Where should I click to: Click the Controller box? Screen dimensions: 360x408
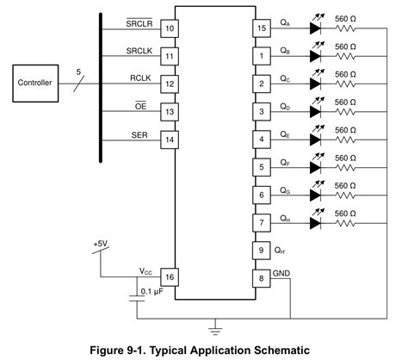click(35, 84)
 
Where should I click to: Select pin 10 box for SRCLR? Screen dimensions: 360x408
click(170, 28)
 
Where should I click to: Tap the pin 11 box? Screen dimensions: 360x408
click(170, 56)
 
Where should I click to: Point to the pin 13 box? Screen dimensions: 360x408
click(170, 111)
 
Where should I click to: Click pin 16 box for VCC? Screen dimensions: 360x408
click(170, 276)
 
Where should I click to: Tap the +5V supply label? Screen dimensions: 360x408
click(102, 245)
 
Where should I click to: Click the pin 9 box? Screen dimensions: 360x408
click(260, 250)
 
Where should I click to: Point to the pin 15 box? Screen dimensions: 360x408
click(260, 28)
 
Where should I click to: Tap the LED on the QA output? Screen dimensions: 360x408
click(316, 28)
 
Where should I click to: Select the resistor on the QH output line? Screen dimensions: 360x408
click(347, 222)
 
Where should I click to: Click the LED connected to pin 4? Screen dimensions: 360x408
click(316, 139)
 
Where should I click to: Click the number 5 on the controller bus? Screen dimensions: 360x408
click(79, 73)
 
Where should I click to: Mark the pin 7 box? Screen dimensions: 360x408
click(260, 222)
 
